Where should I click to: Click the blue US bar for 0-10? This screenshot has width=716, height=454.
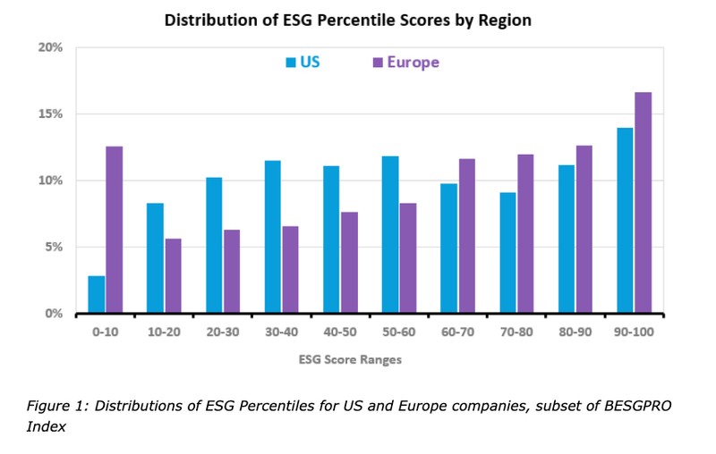tap(97, 295)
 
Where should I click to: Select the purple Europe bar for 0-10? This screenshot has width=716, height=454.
tap(114, 230)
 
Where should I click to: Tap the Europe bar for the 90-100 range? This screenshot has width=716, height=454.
tap(643, 203)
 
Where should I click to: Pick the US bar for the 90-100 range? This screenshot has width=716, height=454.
tap(626, 221)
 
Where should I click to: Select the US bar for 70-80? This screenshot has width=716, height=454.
tap(507, 253)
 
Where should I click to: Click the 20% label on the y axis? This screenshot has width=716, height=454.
tap(50, 47)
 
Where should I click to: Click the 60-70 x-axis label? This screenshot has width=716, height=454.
tap(457, 332)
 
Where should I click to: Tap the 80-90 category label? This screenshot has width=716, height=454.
tap(575, 332)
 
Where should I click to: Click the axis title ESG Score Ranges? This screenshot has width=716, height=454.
tap(351, 360)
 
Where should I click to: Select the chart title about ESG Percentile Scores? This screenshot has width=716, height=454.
tap(348, 19)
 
